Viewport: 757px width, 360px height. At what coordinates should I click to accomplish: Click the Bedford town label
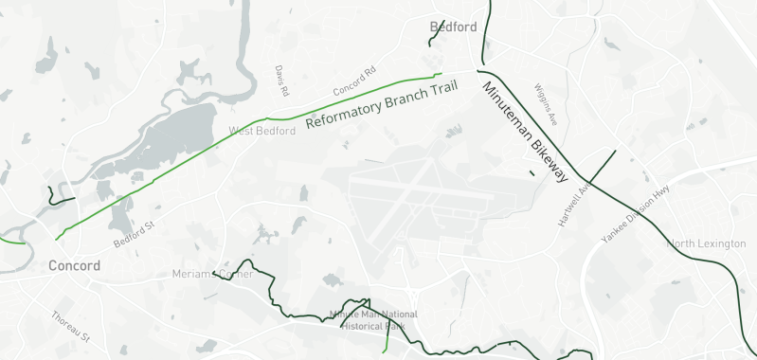click(453, 27)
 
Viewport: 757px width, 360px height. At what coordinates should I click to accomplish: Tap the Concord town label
click(74, 266)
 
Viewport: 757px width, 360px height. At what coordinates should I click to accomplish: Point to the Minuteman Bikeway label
click(524, 132)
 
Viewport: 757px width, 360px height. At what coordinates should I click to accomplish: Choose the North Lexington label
click(708, 244)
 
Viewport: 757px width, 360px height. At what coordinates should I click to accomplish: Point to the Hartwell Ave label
click(569, 204)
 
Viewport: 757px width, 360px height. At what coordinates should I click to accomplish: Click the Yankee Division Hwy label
click(635, 215)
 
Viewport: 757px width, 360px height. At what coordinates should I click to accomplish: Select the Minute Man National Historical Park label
click(372, 319)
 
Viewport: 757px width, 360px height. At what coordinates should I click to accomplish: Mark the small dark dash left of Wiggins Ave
click(532, 172)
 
